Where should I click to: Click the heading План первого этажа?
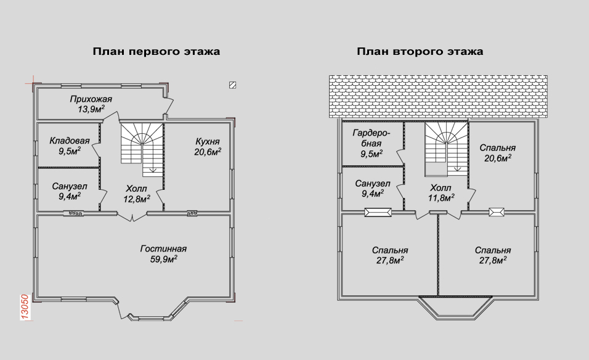pos(156,52)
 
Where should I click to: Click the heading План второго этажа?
pos(420,52)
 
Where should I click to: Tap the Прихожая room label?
pos(91,99)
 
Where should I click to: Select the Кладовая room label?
pos(70,141)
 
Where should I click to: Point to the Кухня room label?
pos(208,142)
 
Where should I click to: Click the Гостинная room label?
pos(163,249)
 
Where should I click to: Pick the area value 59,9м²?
pos(164,259)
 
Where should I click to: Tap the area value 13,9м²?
pos(91,109)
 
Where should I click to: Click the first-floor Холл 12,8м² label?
pos(137,194)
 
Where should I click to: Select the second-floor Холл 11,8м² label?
pos(441,193)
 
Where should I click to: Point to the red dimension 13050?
pos(25,308)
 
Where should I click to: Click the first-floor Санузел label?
pos(70,186)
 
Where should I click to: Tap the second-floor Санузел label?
pos(373,184)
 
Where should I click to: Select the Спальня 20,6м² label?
pos(498,153)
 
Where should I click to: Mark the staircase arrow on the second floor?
pos(457,168)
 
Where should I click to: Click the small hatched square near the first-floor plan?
pos(232,85)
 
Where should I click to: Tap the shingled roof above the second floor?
pos(439,97)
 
